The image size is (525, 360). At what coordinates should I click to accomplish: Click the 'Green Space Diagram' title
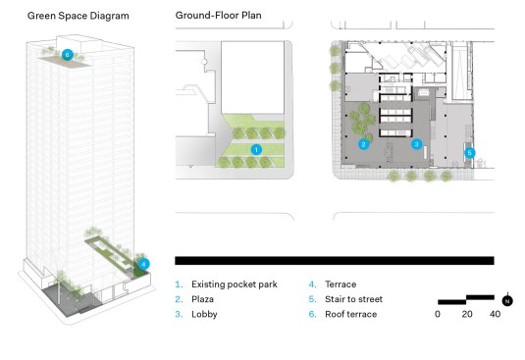78,16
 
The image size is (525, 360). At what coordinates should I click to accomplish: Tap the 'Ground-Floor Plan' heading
218,16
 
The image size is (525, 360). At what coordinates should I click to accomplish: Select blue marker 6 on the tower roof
68,55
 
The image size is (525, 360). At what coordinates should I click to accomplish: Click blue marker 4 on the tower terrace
143,264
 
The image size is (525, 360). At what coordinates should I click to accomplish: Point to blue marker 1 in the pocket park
256,149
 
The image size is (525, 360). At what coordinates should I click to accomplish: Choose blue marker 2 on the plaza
364,144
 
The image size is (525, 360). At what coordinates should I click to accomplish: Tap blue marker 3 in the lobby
416,144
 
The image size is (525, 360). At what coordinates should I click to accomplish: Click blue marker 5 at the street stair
469,153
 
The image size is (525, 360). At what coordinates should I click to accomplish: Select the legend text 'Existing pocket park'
235,284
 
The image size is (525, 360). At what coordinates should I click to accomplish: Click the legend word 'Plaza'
202,299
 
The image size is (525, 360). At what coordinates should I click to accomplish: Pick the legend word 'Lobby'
204,315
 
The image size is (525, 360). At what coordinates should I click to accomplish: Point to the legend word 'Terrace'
341,284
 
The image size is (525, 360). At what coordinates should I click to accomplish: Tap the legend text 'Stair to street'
353,299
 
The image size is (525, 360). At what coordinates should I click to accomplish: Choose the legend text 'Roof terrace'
351,314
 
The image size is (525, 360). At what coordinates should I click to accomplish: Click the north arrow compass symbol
507,300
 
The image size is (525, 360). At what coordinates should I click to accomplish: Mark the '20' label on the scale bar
467,314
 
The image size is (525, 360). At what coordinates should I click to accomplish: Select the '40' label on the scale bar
495,314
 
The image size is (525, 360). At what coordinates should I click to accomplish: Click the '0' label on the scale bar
438,314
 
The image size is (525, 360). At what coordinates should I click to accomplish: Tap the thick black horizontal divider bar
335,261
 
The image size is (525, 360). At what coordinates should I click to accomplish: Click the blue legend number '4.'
312,284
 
